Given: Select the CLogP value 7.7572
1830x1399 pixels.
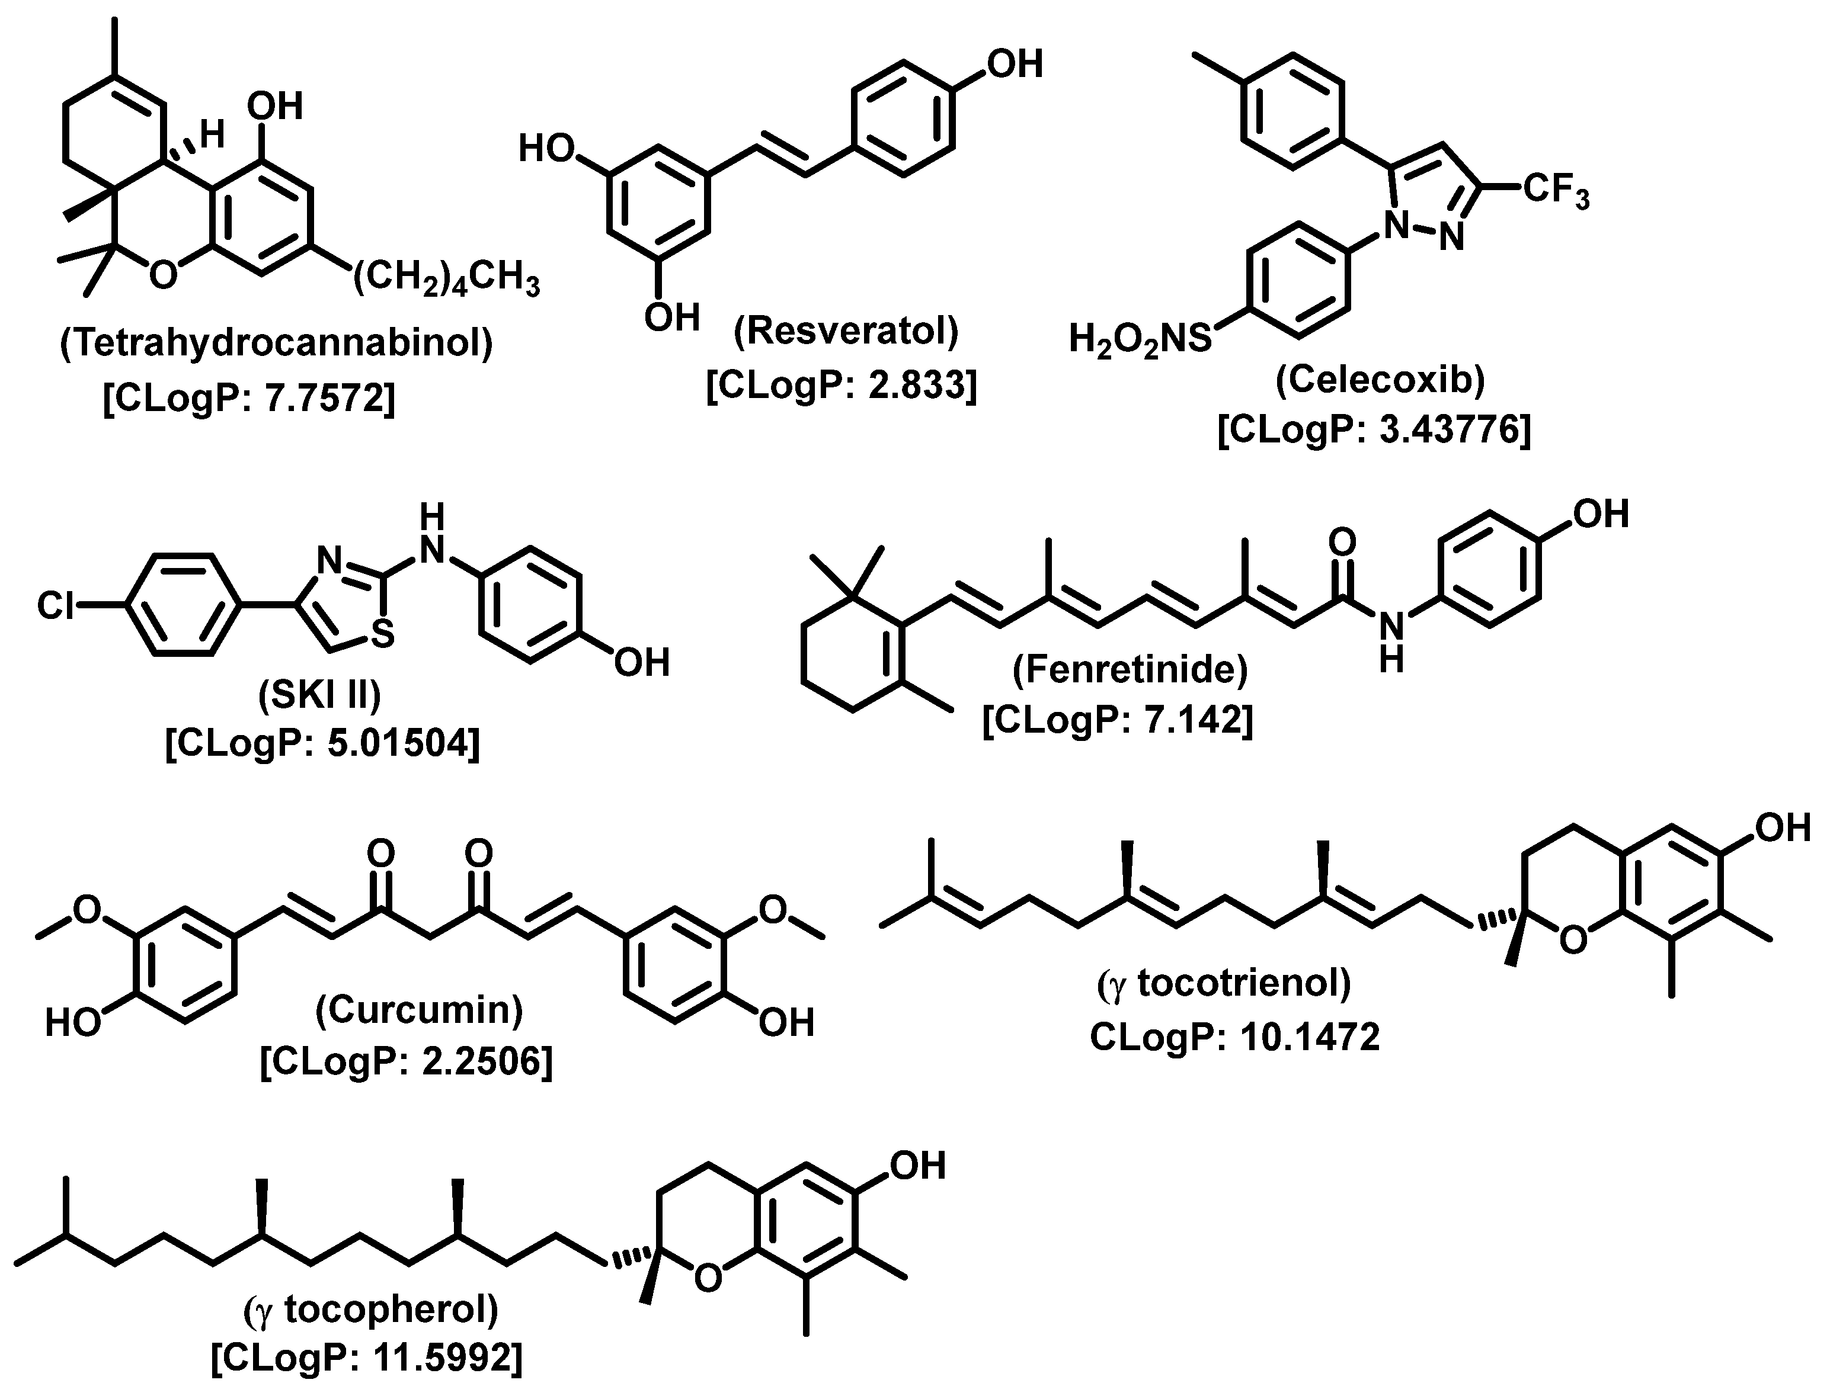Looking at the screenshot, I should (x=249, y=400).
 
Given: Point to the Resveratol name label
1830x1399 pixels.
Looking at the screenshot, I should (x=846, y=331).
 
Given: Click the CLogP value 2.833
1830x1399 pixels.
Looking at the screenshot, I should (x=842, y=386).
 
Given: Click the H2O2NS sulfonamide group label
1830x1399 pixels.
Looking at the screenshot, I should (x=1140, y=341).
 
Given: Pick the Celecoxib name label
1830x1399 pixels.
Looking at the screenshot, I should (x=1380, y=379).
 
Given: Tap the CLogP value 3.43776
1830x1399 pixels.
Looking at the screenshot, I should (x=1374, y=431).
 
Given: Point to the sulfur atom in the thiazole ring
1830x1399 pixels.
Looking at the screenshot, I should (x=382, y=636).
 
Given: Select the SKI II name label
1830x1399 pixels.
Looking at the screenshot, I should (x=320, y=694).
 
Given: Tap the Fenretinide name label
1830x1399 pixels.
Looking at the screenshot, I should (x=1130, y=669).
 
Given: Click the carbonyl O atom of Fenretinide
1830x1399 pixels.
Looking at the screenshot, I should (x=1342, y=542).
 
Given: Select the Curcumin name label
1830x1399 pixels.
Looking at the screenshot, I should (x=419, y=1009).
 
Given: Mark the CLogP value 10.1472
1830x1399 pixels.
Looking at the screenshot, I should (x=1234, y=1037).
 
